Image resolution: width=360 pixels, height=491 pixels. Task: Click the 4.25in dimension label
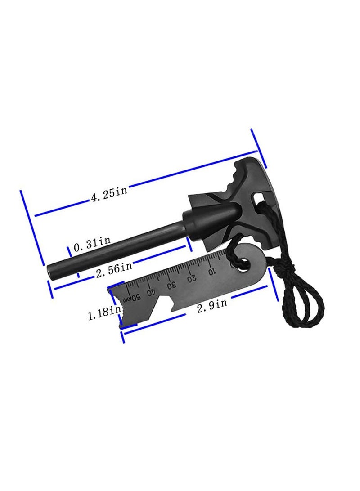click(109, 194)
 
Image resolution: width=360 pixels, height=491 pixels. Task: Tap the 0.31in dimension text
click(92, 244)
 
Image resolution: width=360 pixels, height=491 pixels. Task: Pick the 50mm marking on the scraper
click(132, 298)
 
